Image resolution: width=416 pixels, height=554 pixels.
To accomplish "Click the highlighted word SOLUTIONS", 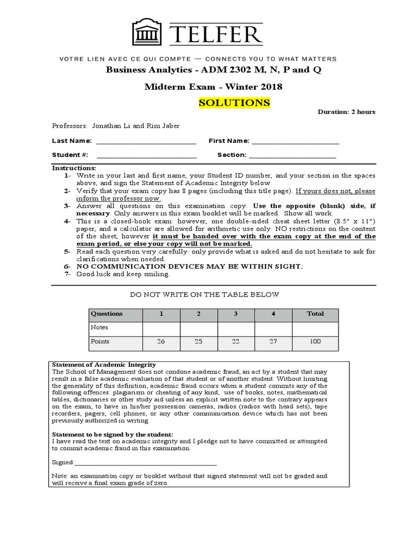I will point(234,103).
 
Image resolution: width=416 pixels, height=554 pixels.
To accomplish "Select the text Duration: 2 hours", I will point(346,112).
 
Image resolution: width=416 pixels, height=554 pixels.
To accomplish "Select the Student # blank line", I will point(145,155).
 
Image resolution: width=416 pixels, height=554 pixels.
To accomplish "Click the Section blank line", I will point(292,155).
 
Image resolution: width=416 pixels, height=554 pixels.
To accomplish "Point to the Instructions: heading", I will point(74,168).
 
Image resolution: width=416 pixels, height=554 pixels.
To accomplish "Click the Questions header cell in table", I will point(107,314).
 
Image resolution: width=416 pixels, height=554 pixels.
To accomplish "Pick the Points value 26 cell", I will point(160,341).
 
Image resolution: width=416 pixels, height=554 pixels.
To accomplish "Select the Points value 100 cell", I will point(315,341).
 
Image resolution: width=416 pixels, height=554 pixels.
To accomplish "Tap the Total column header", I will point(315,314).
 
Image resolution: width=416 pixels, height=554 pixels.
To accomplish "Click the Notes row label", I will point(100,327).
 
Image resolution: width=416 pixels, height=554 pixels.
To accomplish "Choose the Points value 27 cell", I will point(273,341).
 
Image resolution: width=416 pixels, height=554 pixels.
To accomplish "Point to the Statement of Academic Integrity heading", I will point(103,365).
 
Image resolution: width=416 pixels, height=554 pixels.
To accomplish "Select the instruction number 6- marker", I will point(67,267).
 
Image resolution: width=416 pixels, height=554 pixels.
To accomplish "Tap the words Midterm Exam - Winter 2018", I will point(213,87).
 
